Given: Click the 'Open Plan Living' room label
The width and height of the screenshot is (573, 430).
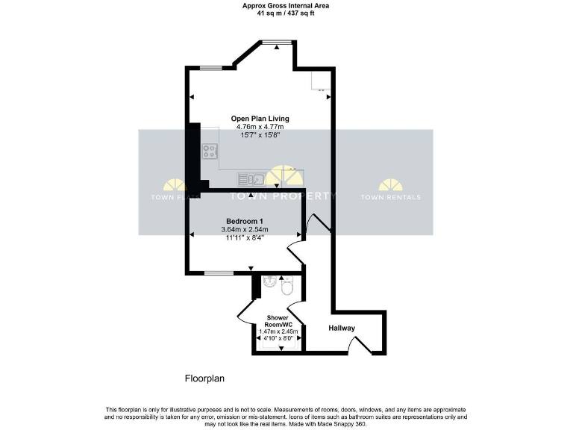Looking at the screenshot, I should point(260,119).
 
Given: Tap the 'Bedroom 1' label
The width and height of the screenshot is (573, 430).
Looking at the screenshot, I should point(245,221).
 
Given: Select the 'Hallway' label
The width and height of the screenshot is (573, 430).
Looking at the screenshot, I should point(341,328).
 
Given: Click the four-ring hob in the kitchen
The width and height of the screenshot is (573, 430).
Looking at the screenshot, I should point(209,152).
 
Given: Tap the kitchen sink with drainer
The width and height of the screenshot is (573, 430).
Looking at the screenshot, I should point(251,178).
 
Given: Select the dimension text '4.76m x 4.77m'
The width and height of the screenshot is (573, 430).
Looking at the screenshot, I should point(260,127).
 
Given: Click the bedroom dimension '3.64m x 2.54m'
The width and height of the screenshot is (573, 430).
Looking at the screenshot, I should point(245,229).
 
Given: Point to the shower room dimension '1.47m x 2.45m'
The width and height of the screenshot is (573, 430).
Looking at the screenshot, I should point(278,331).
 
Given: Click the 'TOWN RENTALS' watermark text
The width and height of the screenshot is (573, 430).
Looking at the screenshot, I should point(390,197).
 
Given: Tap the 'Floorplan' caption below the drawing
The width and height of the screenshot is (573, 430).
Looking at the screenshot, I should point(204,378).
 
